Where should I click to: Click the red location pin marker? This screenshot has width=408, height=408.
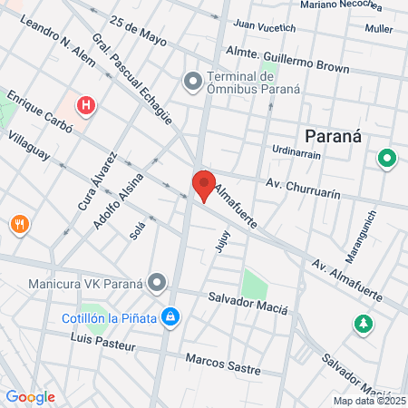click(x=203, y=185)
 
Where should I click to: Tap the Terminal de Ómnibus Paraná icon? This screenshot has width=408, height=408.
click(x=192, y=83)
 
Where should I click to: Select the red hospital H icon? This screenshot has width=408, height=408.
click(x=86, y=106)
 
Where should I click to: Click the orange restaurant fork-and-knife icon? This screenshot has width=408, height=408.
click(x=18, y=224)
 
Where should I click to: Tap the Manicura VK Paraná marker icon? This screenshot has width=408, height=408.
click(x=158, y=282)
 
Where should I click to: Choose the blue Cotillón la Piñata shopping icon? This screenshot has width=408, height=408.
click(x=169, y=317)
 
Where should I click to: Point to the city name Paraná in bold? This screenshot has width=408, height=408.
click(x=333, y=136)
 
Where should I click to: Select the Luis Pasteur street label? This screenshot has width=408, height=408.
click(x=102, y=345)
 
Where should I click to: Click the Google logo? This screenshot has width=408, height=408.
click(x=30, y=397)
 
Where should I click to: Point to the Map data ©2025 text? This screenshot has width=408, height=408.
click(x=368, y=401)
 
